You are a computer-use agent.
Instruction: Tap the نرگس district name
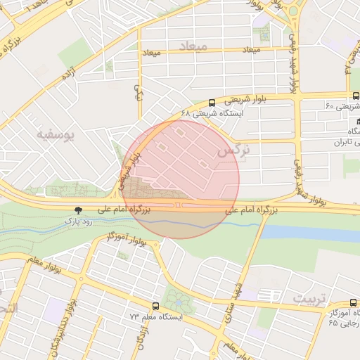pos(234,150)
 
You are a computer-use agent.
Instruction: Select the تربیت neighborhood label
pos(309,299)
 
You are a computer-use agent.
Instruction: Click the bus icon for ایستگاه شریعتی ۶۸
pos(212,103)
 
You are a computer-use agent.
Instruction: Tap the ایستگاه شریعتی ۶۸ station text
pos(212,112)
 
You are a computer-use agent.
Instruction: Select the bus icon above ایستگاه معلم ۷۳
pos(155,307)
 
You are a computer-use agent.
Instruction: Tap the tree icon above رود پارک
pos(78,210)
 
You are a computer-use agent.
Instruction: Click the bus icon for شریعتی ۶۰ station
pos(354,96)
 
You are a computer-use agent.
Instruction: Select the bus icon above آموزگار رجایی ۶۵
pos(354,302)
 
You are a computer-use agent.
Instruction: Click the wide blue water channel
pos(309,233)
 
